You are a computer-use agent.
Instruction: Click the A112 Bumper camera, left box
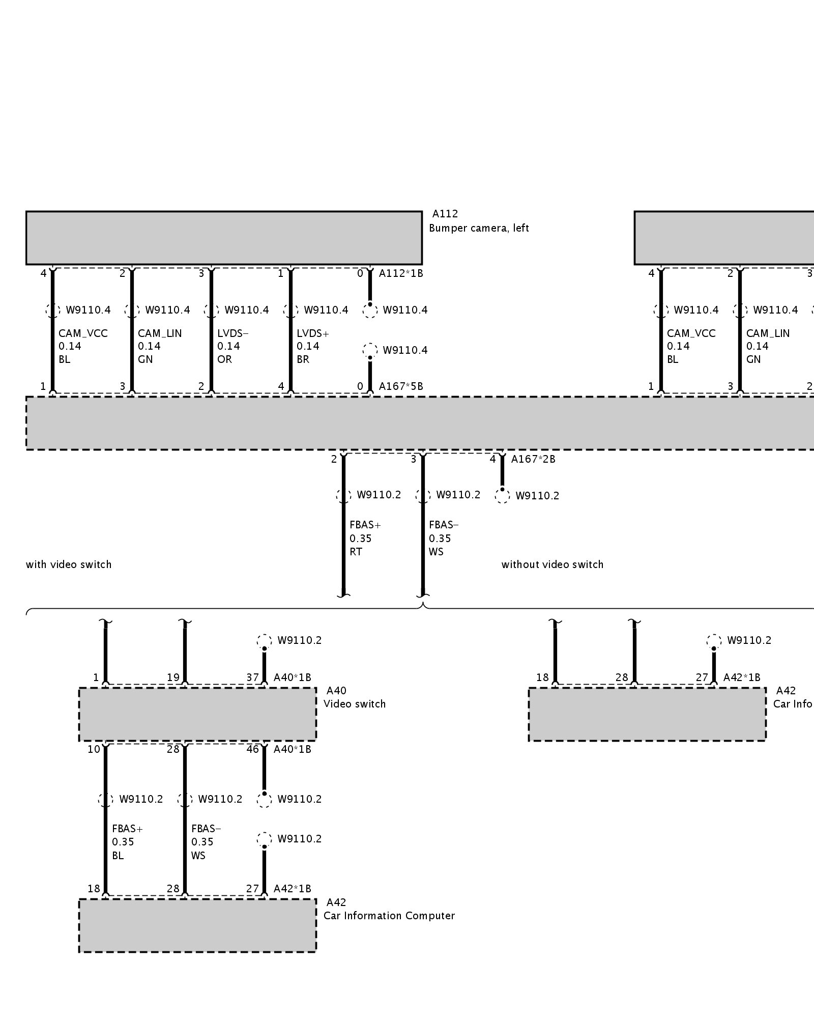[224, 238]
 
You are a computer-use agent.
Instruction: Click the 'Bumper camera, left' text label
[479, 228]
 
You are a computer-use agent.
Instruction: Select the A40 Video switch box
[197, 714]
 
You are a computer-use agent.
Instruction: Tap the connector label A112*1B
[401, 273]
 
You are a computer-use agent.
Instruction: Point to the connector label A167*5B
[401, 386]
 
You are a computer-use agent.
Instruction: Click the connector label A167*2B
[533, 459]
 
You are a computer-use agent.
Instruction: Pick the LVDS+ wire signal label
[313, 333]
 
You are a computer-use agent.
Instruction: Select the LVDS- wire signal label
[233, 333]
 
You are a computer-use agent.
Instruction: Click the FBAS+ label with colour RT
[365, 525]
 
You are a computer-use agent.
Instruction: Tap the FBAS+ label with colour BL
[128, 829]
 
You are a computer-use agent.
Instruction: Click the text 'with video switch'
[69, 564]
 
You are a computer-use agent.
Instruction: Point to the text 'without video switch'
[553, 564]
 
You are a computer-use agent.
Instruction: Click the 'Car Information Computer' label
[389, 916]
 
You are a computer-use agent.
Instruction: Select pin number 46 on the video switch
[252, 749]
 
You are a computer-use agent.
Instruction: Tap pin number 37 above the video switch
[252, 677]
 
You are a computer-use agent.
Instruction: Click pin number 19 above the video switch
[173, 677]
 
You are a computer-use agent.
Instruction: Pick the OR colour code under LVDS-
[224, 359]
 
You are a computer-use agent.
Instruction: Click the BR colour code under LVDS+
[303, 359]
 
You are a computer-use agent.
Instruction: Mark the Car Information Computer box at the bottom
[197, 925]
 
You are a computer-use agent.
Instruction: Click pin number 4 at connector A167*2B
[492, 459]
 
